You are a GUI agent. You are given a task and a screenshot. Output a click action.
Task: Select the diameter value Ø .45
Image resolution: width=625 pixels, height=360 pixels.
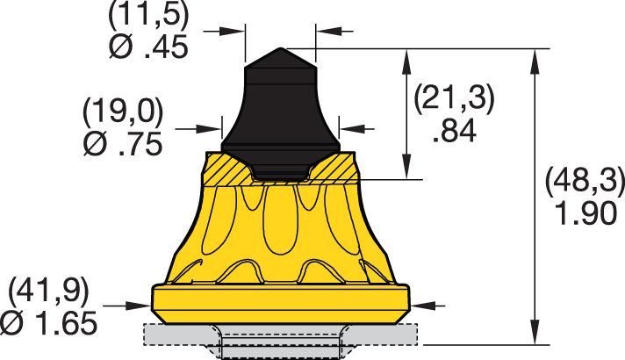pos(148,47)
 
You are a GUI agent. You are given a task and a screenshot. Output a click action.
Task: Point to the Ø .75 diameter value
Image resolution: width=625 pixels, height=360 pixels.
pos(123,144)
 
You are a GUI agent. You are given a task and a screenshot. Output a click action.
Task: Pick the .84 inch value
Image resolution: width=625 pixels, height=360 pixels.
pos(454,131)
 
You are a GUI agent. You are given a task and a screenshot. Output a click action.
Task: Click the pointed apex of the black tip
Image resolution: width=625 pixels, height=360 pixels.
pos(280,49)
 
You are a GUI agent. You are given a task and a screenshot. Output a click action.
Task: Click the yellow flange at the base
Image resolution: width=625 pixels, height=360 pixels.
pos(280,304)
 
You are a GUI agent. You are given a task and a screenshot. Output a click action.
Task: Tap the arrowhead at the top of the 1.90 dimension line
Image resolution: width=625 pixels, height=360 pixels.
pos(534,55)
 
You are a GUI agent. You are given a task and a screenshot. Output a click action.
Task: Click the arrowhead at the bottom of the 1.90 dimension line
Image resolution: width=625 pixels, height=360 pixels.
pos(534,335)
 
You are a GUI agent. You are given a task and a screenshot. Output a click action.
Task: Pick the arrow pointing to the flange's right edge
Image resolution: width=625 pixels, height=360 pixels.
pos(420,306)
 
